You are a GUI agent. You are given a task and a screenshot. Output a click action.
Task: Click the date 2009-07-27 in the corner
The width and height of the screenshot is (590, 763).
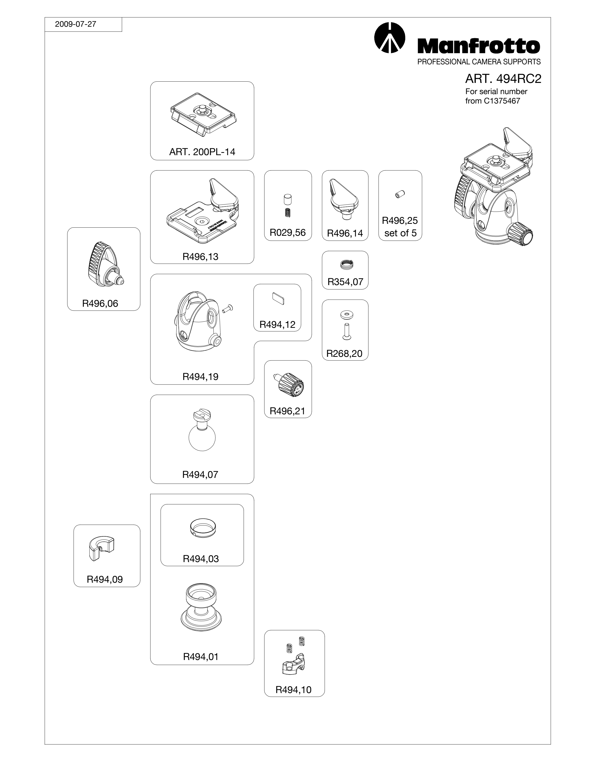tap(76, 24)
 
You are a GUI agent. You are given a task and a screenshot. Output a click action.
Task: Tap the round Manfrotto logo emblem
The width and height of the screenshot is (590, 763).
tap(389, 38)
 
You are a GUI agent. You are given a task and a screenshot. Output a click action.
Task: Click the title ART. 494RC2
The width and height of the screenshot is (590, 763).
tap(503, 79)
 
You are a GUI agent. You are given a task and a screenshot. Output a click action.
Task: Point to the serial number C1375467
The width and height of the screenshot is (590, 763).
tap(502, 101)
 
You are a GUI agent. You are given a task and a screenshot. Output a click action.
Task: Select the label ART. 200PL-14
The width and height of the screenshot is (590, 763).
tap(202, 152)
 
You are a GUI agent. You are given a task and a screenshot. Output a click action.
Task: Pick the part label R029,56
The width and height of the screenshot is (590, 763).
tap(288, 233)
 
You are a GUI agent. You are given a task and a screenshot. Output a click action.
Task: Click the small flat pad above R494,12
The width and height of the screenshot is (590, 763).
tap(278, 299)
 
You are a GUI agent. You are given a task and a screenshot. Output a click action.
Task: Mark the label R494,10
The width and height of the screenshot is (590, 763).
tap(293, 690)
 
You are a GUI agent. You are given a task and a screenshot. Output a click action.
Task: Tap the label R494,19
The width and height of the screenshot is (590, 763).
tap(200, 377)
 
